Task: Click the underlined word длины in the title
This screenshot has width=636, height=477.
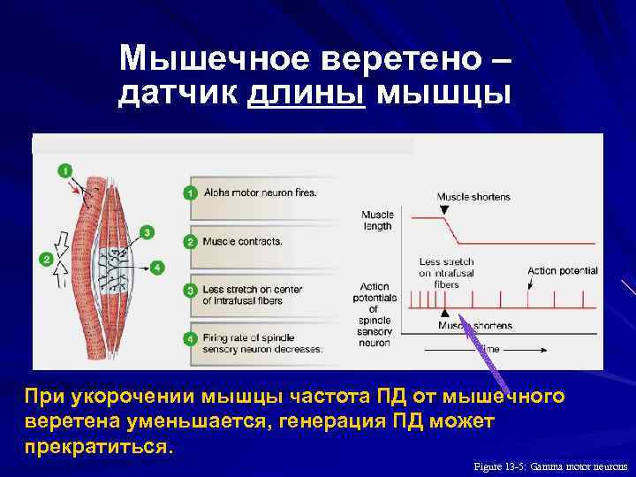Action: pos(307,92)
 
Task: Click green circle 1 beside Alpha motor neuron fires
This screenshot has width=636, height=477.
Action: pos(189,192)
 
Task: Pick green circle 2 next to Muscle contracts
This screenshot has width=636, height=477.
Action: pos(189,241)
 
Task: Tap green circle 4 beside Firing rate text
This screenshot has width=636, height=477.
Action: pos(189,338)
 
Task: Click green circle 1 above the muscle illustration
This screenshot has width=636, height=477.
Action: pos(65,170)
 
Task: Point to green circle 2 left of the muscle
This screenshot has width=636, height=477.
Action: pos(45,259)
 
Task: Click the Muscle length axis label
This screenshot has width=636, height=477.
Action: pos(377,220)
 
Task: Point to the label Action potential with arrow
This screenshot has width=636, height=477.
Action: pos(562,271)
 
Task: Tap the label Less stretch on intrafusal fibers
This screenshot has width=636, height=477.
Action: pos(446,273)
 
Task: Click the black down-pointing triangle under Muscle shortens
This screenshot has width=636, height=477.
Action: pos(443,209)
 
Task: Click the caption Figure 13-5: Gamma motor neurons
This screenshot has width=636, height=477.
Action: pos(550,466)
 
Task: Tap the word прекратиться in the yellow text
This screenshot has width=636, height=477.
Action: pos(95,446)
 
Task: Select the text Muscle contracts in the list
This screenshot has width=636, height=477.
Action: pos(242,241)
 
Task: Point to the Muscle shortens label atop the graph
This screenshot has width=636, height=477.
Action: pos(473,196)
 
